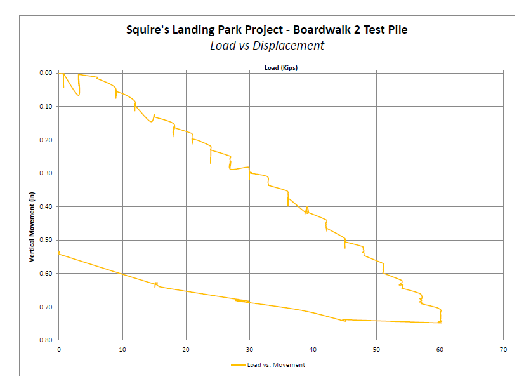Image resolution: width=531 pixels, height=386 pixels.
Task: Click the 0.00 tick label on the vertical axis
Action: [46, 73]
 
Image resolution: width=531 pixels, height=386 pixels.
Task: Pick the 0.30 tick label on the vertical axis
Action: [46, 173]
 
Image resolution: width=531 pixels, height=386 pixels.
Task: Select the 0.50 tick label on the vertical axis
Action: [46, 240]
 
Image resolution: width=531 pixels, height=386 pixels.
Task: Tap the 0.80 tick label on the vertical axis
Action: [46, 340]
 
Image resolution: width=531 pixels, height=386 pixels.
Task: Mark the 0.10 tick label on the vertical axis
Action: [46, 107]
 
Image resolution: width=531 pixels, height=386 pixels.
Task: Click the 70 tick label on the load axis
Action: [503, 349]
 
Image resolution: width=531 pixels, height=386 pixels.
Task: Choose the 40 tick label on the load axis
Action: [313, 349]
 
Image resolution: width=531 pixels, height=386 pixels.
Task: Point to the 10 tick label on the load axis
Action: [122, 349]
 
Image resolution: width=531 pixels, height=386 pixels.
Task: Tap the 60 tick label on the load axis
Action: [440, 349]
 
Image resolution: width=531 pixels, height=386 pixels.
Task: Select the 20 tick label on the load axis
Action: [186, 349]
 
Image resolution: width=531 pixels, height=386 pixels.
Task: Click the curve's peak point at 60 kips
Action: [440, 323]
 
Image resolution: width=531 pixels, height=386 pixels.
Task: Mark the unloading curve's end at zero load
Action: [59, 253]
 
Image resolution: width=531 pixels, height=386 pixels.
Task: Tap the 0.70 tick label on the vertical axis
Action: [46, 307]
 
